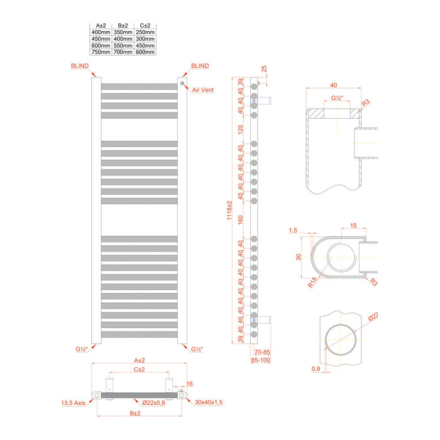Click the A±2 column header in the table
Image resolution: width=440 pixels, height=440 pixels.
click(x=101, y=25)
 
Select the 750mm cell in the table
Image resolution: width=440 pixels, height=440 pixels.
click(x=101, y=52)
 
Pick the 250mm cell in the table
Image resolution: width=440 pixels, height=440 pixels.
click(x=145, y=32)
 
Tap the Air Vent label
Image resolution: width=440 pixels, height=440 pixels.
click(x=203, y=90)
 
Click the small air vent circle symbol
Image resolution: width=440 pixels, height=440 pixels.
click(x=183, y=82)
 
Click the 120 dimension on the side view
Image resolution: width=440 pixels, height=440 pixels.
click(x=239, y=129)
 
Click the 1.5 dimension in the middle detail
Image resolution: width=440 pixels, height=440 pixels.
click(x=294, y=231)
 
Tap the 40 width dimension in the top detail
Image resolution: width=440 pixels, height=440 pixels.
click(x=333, y=85)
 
